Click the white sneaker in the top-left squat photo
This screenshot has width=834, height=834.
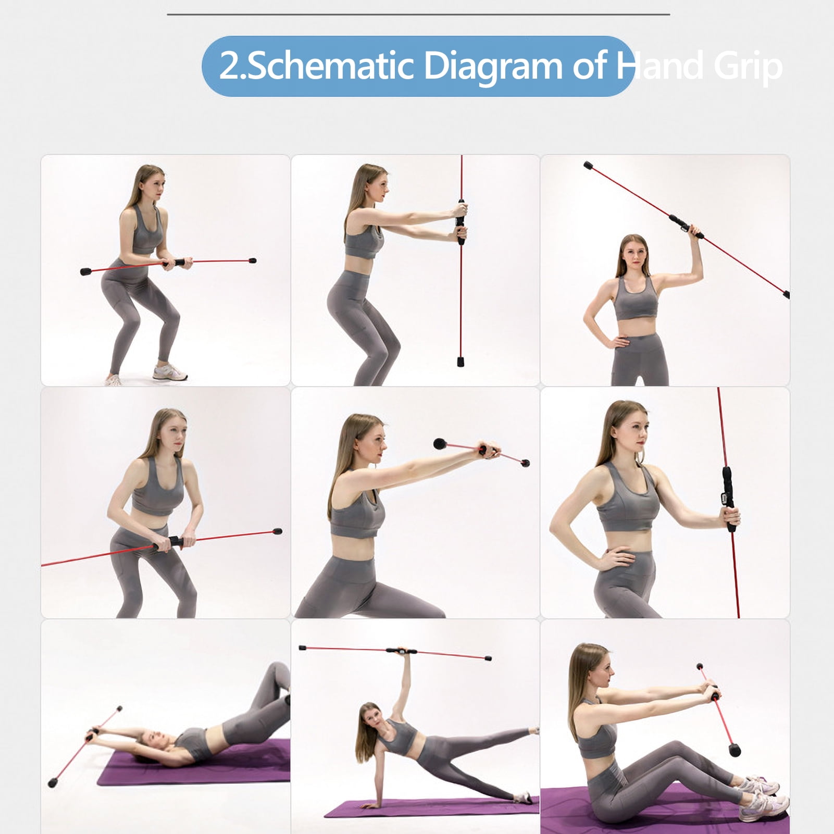[x=169, y=372]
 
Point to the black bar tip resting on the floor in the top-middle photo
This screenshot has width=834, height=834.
[x=460, y=361]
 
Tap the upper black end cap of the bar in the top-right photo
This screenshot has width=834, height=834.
[x=589, y=166]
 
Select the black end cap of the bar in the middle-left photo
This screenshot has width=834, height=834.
[x=277, y=532]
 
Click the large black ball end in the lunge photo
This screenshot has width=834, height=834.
[x=440, y=444]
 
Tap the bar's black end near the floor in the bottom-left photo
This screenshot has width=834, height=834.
[x=53, y=782]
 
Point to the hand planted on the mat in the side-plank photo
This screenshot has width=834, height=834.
[x=371, y=805]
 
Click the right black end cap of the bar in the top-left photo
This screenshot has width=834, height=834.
[x=252, y=260]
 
